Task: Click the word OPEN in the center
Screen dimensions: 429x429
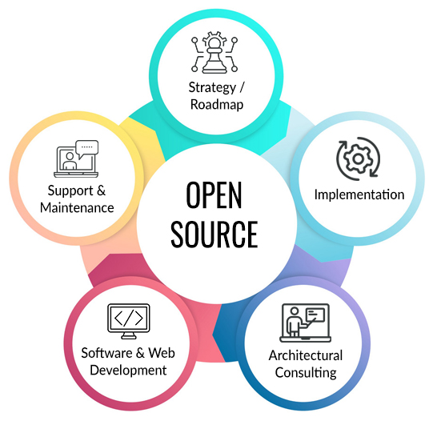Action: click(214, 194)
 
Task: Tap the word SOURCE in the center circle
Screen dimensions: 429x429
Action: click(214, 235)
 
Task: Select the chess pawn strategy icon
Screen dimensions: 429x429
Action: click(214, 52)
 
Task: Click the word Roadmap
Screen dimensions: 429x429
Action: click(217, 105)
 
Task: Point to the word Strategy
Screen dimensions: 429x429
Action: click(212, 88)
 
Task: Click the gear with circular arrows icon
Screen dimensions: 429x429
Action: click(358, 158)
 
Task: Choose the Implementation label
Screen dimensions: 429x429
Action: click(359, 194)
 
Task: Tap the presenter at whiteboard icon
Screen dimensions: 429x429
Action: click(305, 323)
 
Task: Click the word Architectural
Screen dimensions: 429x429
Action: click(306, 355)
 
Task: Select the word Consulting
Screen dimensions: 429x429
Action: click(306, 373)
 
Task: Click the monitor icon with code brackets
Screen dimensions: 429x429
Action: click(129, 321)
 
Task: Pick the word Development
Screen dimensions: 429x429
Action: click(128, 371)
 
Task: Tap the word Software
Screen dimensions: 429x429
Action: click(107, 353)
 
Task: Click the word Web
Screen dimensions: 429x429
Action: click(162, 353)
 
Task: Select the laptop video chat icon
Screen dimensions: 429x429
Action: click(76, 158)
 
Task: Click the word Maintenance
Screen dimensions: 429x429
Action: click(77, 207)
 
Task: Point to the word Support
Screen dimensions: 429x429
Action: click(70, 191)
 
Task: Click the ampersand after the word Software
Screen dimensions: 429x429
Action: click(140, 353)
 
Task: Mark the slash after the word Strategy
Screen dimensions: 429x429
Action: click(242, 88)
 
